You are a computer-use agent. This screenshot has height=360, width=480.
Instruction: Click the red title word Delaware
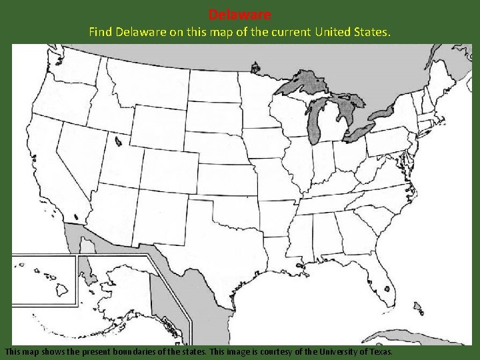tap(240, 14)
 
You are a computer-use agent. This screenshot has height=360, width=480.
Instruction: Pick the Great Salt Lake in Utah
tap(117, 141)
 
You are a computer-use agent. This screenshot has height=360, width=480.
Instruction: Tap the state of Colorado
tap(169, 166)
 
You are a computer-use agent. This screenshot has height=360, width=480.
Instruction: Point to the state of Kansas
tap(223, 176)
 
